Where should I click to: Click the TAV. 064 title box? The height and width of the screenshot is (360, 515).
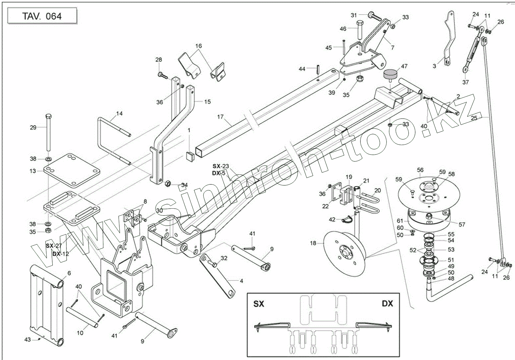point(42,16)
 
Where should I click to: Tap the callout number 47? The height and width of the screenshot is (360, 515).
point(404,66)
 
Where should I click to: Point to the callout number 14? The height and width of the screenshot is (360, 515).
point(119,113)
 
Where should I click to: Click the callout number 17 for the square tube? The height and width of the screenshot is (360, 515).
point(220,117)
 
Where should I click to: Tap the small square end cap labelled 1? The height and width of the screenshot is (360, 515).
point(190,156)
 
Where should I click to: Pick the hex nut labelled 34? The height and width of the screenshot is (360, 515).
point(168,184)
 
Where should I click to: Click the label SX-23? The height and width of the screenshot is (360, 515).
point(221,166)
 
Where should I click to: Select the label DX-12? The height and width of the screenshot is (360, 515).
point(61,254)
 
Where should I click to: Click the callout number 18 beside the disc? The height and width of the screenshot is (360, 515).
point(313,243)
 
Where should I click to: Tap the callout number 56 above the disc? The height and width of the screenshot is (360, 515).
point(420,170)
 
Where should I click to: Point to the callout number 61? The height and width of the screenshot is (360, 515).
point(400,221)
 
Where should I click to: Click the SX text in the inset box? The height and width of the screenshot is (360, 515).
point(259,304)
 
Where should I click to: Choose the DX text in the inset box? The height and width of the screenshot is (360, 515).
point(388,303)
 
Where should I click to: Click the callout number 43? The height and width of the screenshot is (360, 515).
point(27,339)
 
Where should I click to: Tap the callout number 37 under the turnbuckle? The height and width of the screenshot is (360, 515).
point(466,82)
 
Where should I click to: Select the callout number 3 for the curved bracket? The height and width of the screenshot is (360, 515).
point(434,66)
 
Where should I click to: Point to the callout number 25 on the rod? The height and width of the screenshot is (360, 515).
point(474,118)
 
